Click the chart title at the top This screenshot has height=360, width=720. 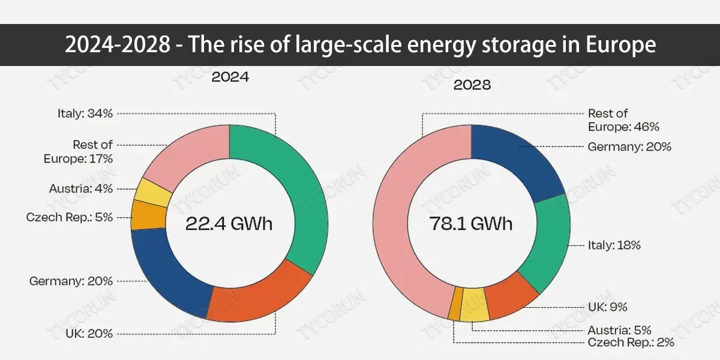click(x=360, y=45)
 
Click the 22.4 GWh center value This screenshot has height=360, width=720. click(x=229, y=224)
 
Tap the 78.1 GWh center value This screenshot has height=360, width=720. click(x=471, y=224)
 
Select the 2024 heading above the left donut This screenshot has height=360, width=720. click(x=229, y=77)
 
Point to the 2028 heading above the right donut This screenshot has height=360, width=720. click(x=472, y=85)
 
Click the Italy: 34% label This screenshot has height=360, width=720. click(x=85, y=113)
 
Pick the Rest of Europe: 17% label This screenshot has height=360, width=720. click(x=78, y=152)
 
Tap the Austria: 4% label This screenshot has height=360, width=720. click(x=80, y=189)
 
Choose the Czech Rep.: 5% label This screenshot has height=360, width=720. click(x=70, y=217)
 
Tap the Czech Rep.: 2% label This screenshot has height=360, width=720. click(x=631, y=343)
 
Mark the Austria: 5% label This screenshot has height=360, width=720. click(x=620, y=330)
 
